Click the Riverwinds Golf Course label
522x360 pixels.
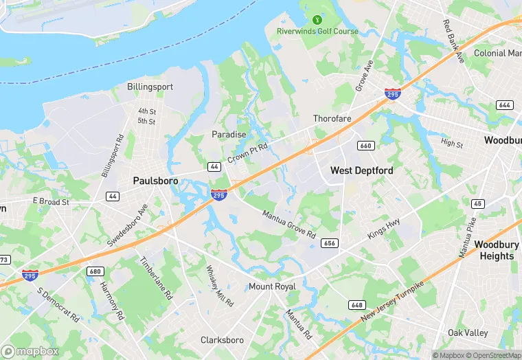click(x=317, y=32)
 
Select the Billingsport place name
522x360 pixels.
click(x=150, y=87)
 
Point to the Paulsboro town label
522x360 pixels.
click(x=155, y=181)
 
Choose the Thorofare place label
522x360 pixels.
click(x=332, y=119)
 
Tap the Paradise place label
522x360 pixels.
click(x=229, y=135)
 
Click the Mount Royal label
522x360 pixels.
click(x=272, y=286)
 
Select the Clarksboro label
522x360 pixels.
click(x=222, y=340)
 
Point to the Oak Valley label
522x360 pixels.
click(x=468, y=333)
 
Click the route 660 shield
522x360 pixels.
click(x=365, y=146)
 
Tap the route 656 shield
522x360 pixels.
click(x=330, y=243)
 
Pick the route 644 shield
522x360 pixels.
click(x=504, y=105)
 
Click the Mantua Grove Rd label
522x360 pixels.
click(x=288, y=224)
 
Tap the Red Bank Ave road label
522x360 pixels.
click(x=454, y=41)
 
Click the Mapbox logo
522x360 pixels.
click(x=30, y=351)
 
